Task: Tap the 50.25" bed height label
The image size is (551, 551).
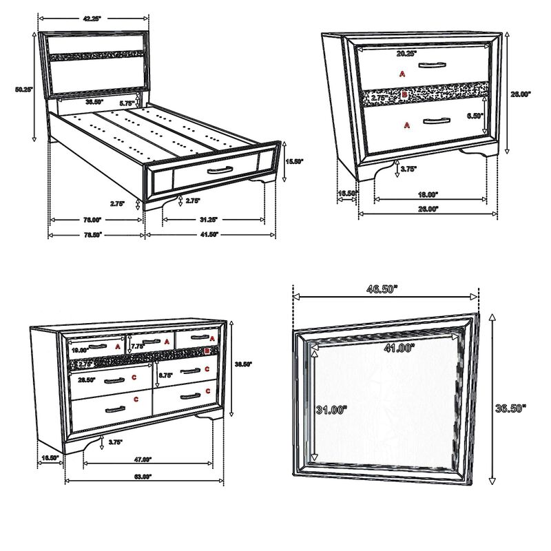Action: [23, 89]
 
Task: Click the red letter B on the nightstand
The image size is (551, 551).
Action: [404, 94]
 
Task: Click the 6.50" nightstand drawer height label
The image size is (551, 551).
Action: [475, 116]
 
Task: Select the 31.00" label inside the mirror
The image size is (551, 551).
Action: [332, 410]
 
